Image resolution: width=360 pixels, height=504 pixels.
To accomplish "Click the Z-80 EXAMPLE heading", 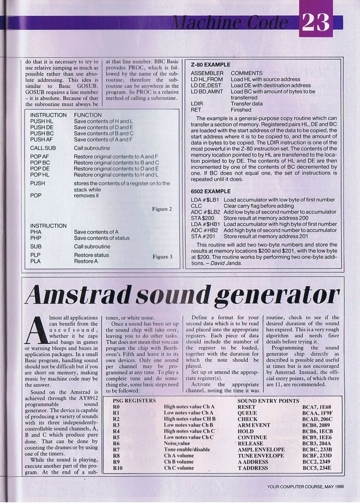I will [x=210, y=65].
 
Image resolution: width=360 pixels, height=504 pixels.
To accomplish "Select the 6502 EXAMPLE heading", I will [x=210, y=191].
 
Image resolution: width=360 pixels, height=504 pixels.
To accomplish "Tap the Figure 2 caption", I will [x=162, y=209].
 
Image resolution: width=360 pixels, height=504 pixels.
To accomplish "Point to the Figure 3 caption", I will [x=162, y=256].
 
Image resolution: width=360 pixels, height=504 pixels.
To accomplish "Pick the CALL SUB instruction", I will [x=43, y=148].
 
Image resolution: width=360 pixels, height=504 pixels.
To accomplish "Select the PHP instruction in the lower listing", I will [x=36, y=238].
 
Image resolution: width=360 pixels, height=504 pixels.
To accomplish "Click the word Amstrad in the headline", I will [x=74, y=295].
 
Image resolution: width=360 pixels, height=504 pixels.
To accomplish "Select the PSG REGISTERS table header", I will [x=134, y=401].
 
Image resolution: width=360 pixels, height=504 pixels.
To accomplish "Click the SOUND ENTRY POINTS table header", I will [x=268, y=401].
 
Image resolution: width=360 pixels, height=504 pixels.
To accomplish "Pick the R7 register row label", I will [x=117, y=449].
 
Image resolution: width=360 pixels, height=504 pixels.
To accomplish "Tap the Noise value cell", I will [x=177, y=443].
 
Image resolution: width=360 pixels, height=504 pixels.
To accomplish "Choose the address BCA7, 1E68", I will [x=317, y=407].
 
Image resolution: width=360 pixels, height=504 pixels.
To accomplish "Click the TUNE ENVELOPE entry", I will [x=261, y=456].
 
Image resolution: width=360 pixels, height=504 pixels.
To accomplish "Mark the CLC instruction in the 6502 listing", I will [x=196, y=206].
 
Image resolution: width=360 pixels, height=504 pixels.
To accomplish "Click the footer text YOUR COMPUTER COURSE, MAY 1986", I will [x=305, y=487].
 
